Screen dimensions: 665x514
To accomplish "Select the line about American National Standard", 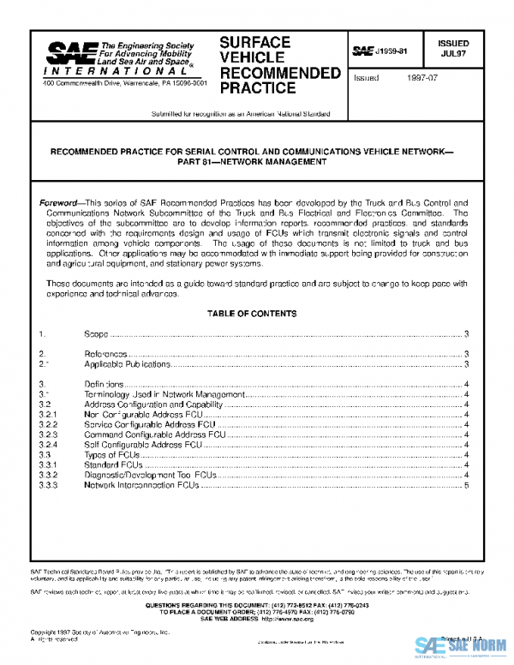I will [241, 113].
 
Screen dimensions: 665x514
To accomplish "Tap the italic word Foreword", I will [61, 204].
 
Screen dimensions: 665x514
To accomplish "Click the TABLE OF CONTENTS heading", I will [252, 315].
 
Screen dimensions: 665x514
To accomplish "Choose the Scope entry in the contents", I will [96, 333].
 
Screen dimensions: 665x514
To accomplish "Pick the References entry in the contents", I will [105, 354].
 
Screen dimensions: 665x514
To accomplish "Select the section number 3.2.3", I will [48, 434].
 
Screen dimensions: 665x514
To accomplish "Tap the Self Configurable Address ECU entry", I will [142, 446].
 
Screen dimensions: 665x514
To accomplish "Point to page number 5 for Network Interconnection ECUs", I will [466, 485].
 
